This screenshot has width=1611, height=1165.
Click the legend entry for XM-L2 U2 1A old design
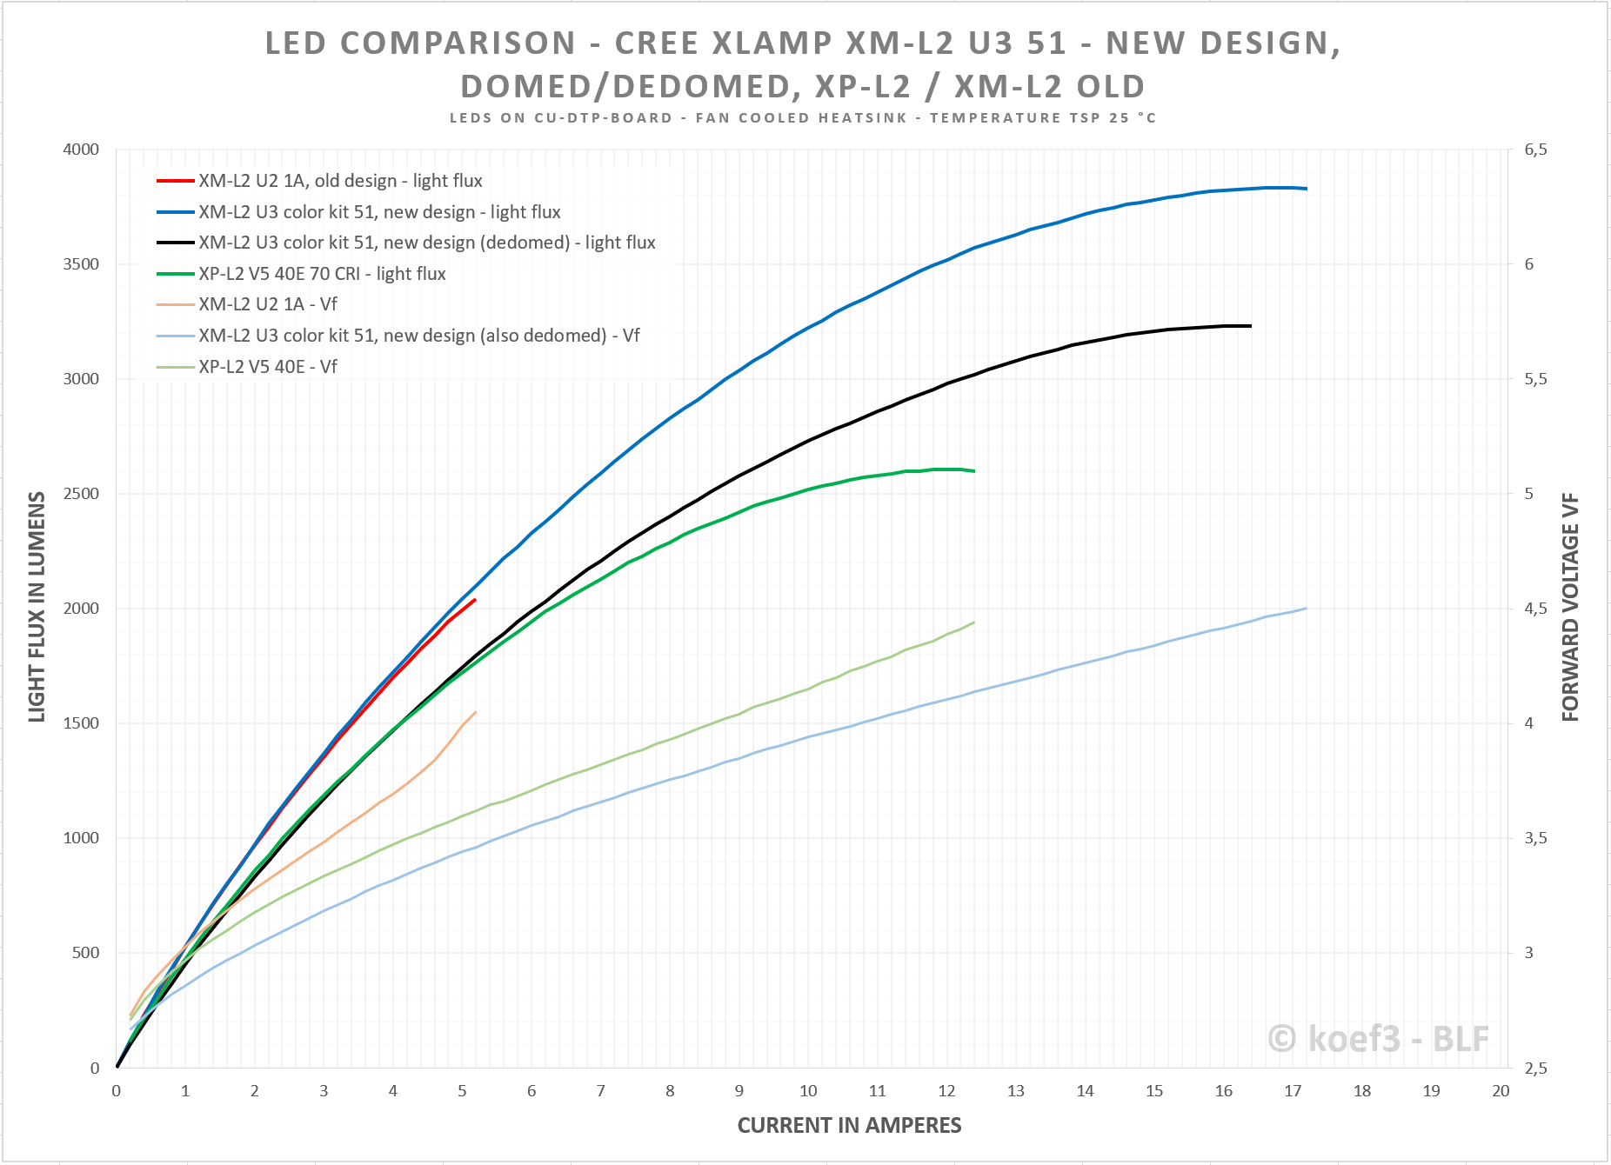(x=339, y=181)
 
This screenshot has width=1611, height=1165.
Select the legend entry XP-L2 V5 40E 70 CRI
(x=322, y=274)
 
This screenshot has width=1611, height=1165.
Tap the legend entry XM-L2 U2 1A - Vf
(x=267, y=304)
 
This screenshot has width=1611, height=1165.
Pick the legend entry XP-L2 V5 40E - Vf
(x=267, y=367)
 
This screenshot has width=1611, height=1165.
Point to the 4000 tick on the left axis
(x=81, y=150)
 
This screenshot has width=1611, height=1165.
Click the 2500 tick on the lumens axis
(x=81, y=494)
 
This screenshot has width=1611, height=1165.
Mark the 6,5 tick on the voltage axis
(x=1535, y=150)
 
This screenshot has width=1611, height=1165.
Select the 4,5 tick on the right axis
(x=1535, y=609)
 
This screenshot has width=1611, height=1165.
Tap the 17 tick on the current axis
(x=1293, y=1091)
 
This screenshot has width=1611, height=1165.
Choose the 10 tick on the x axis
(x=808, y=1091)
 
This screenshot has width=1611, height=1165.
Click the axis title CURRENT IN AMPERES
(x=849, y=1126)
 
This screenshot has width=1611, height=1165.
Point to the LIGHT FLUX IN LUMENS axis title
(x=37, y=607)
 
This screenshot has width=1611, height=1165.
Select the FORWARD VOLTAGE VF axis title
(x=1570, y=607)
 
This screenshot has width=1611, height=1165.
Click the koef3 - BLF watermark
(x=1378, y=1039)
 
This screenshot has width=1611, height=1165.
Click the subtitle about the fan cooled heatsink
(x=802, y=118)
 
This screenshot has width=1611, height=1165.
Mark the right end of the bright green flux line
(x=974, y=471)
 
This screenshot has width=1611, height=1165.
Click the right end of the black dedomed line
(x=1251, y=326)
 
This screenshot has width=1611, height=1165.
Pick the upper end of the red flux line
(x=475, y=600)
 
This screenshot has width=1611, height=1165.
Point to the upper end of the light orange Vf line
(x=475, y=713)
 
